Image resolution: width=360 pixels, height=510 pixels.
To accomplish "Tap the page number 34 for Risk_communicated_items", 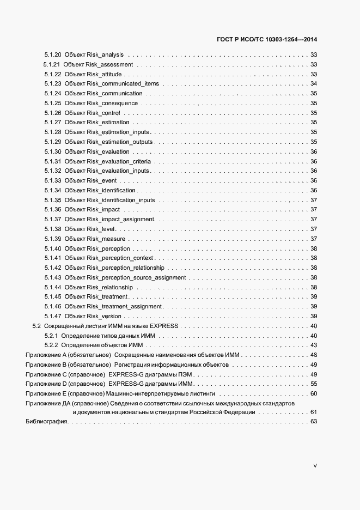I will (x=314, y=83).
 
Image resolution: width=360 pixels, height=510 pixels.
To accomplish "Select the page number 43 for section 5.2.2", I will (x=314, y=345).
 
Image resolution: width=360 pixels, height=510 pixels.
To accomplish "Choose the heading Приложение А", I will (x=50, y=355).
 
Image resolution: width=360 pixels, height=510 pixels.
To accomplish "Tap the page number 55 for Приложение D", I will (x=314, y=384).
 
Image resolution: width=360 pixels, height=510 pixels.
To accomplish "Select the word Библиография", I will (x=46, y=422).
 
